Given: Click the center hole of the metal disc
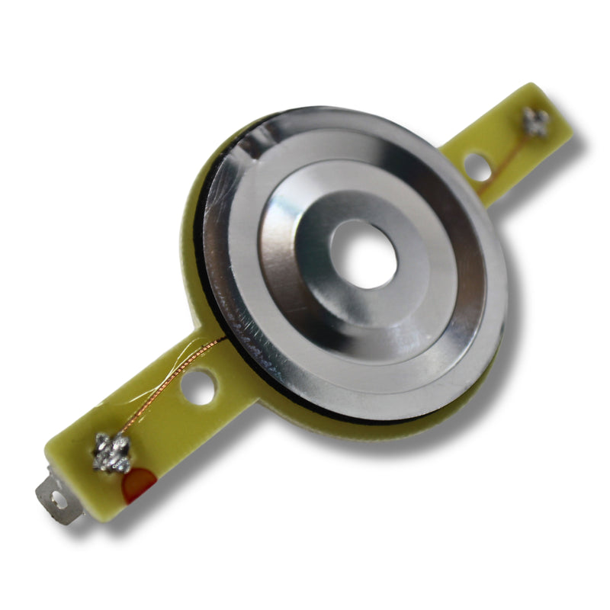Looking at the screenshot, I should pyautogui.click(x=364, y=254).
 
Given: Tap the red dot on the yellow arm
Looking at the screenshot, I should pyautogui.click(x=140, y=483).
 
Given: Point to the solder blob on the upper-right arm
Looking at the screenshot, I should pyautogui.click(x=535, y=121).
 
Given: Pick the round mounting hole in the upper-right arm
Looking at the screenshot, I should pyautogui.click(x=477, y=166).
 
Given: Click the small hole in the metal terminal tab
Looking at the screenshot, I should pyautogui.click(x=56, y=501).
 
